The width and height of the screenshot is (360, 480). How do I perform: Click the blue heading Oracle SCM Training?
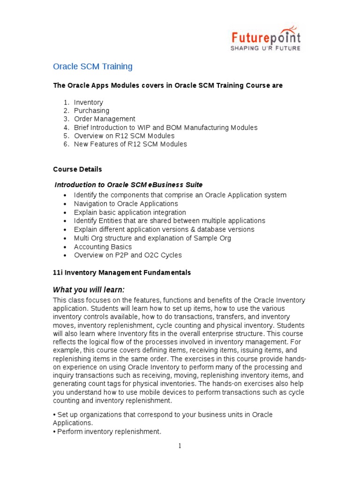(93, 67)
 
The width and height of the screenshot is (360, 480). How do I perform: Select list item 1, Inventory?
(88, 102)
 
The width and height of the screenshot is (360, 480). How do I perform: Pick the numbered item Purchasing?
(91, 111)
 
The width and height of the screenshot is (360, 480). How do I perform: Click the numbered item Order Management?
(105, 119)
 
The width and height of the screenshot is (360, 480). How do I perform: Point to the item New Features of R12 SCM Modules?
(130, 144)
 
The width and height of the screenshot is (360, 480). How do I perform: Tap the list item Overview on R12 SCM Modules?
(124, 136)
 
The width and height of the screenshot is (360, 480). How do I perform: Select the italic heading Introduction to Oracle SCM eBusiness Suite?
(129, 185)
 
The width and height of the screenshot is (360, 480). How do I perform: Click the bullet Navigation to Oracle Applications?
(126, 204)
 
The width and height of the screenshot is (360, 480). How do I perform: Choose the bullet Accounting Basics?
(103, 247)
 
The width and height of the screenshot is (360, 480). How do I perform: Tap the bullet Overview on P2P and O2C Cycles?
(127, 255)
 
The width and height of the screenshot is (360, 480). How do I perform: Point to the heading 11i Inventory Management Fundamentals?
(122, 272)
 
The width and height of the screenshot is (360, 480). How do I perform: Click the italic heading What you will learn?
(89, 289)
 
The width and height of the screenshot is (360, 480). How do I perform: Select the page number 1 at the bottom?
(180, 446)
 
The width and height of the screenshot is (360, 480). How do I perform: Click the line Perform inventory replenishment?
(109, 431)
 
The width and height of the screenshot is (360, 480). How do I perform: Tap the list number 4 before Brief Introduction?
(67, 127)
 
